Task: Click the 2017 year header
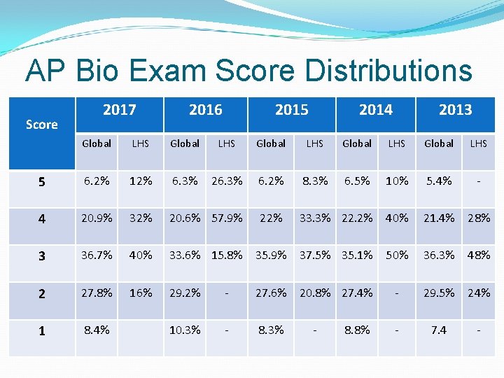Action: point(120,110)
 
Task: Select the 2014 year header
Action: point(376,110)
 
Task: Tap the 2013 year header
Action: point(456,110)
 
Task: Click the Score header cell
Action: point(42,125)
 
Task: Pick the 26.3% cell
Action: point(227,181)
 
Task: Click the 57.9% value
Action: point(227,218)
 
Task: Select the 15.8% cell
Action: point(227,255)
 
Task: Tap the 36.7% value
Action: point(97,255)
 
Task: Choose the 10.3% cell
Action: point(185,330)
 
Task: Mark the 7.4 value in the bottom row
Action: point(439,330)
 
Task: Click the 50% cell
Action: point(397,255)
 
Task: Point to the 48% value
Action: point(479,255)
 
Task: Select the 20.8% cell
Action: point(315,293)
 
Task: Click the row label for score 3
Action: point(42,256)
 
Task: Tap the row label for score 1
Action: point(42,331)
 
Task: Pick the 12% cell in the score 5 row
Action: point(141,181)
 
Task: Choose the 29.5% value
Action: point(439,293)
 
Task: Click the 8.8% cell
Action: point(357,330)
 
